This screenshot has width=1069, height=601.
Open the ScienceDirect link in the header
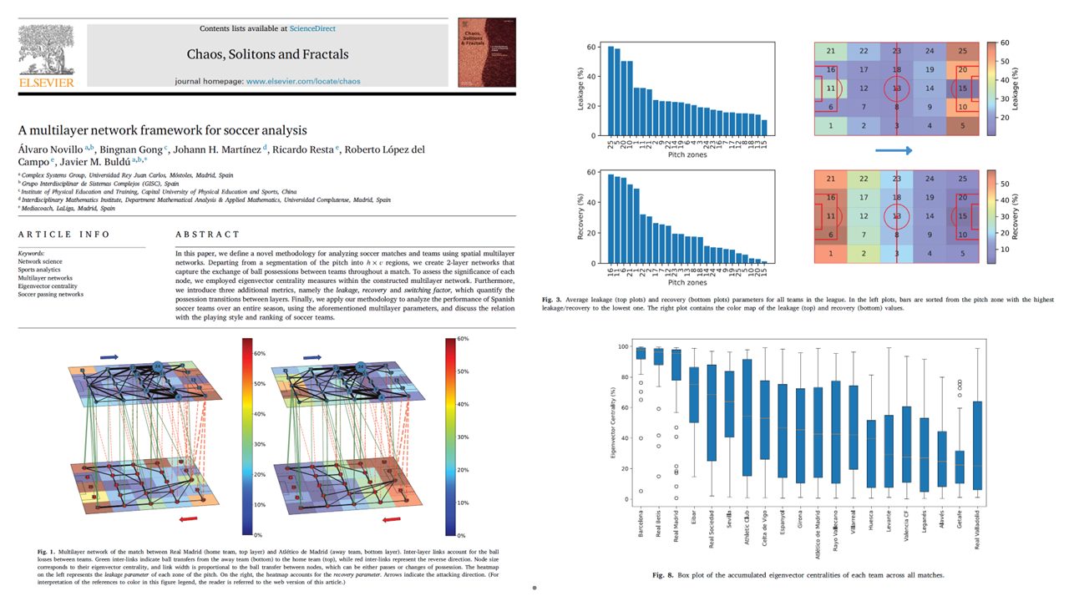coord(312,28)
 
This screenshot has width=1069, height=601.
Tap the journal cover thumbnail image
coord(487,52)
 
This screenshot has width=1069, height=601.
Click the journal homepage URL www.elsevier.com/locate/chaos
coord(303,81)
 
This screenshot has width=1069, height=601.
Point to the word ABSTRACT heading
coord(207,235)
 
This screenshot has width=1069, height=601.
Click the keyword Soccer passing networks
coord(51,294)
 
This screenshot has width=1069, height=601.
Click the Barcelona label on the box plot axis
coord(641,525)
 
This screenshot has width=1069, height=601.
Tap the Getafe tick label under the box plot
coord(959,518)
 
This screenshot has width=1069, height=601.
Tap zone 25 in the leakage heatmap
coord(963,52)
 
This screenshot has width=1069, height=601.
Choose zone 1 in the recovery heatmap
coord(831,253)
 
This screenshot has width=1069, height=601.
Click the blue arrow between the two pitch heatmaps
coord(894,151)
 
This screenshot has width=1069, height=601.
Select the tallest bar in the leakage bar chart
coord(610,91)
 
